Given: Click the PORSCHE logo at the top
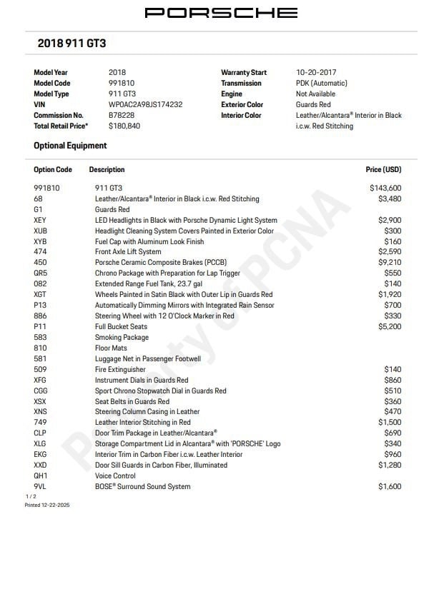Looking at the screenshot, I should point(221,13).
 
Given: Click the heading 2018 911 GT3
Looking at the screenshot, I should point(71,44).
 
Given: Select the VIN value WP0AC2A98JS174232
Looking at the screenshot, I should point(145,104).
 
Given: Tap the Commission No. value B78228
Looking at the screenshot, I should point(121,115).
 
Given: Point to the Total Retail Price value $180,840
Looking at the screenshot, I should point(124,126).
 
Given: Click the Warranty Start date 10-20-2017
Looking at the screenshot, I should point(316,72).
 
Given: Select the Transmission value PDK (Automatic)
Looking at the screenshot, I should point(321,83).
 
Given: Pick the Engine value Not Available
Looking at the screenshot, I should point(315,94).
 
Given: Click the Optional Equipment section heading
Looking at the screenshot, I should point(70,146).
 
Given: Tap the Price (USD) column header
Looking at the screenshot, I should point(383,170).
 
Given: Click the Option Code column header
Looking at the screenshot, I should point(53,170).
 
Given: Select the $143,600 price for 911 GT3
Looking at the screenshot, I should point(385,188).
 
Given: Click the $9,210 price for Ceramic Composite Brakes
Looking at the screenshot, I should point(390,263).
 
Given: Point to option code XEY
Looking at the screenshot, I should point(40,220).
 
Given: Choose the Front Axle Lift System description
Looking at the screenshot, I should point(128,252).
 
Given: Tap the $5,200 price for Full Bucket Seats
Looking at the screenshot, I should point(390,326).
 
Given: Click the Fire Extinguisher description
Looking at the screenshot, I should point(120,369).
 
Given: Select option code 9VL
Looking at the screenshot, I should point(40,486).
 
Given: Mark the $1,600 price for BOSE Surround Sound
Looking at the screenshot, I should point(390,486).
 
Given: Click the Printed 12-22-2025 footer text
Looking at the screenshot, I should point(47,505).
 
